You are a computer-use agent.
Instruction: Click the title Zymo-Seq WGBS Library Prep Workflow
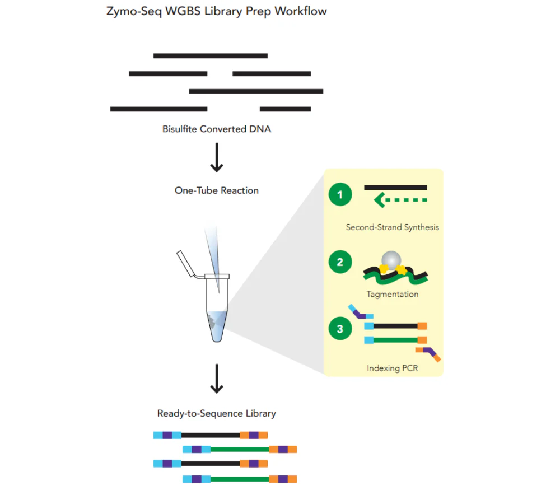pos(216,11)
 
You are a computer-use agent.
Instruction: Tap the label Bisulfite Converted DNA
pos(216,129)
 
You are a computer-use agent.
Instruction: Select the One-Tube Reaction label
pos(216,190)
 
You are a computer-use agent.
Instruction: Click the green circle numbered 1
pos(340,195)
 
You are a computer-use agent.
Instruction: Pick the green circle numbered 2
pos(340,262)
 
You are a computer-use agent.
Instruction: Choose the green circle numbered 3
pos(340,329)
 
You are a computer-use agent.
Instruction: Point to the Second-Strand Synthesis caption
pos(392,227)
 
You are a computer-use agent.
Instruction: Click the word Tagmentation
pos(392,294)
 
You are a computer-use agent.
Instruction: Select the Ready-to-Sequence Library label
pos(216,414)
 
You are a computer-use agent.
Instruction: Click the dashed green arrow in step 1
pos(400,199)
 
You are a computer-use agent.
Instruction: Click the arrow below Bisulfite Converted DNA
pos(216,160)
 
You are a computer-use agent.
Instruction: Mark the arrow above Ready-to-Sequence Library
pos(216,379)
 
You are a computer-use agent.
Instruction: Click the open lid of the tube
pos(186,264)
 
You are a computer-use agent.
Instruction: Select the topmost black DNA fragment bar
pos(210,56)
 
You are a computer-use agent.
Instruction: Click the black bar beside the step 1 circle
pos(395,188)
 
